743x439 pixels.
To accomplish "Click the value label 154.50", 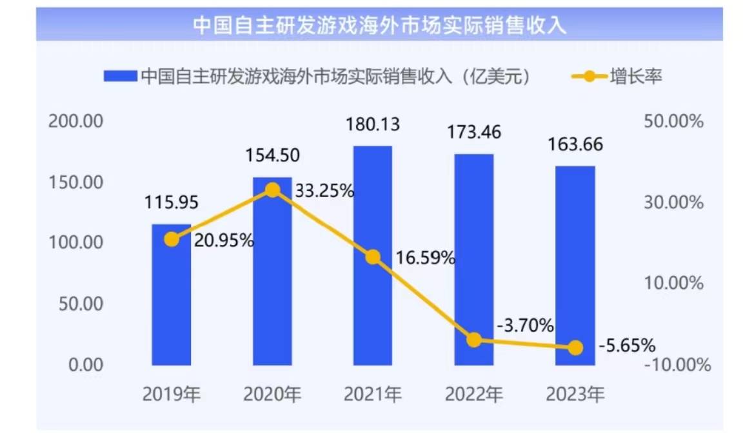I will pyautogui.click(x=272, y=157).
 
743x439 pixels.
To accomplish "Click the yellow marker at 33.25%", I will pyautogui.click(x=273, y=190).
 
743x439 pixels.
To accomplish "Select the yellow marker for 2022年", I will pyautogui.click(x=475, y=340).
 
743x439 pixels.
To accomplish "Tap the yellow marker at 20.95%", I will pyautogui.click(x=172, y=239).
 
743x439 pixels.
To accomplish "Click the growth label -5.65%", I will pyautogui.click(x=626, y=346).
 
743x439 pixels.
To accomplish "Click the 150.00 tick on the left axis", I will pyautogui.click(x=76, y=182).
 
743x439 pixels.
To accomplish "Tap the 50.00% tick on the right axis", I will pyautogui.click(x=673, y=121).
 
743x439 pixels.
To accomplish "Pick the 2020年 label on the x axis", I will pyautogui.click(x=272, y=394).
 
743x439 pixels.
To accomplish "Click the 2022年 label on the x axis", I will pyautogui.click(x=474, y=394).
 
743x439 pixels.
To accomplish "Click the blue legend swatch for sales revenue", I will pyautogui.click(x=120, y=77).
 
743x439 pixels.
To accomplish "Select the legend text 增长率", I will pyautogui.click(x=636, y=77).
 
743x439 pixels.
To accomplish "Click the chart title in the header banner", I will pyautogui.click(x=379, y=24).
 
